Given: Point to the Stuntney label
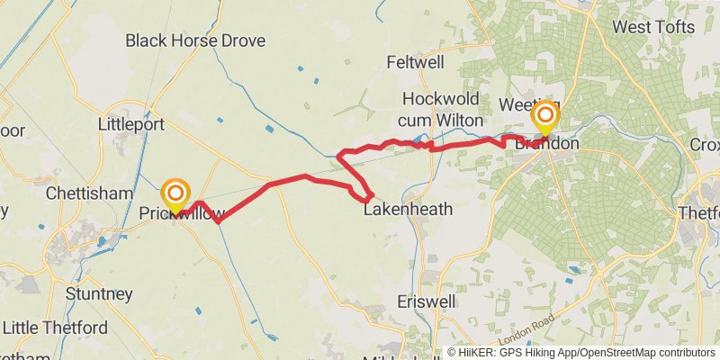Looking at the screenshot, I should click(x=99, y=294).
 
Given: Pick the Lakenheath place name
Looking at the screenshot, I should click(x=408, y=210).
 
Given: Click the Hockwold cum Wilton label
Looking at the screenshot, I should click(x=443, y=109).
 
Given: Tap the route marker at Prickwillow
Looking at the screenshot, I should click(x=175, y=195).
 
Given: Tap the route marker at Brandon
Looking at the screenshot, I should click(x=544, y=116).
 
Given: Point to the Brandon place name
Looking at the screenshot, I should click(x=548, y=144).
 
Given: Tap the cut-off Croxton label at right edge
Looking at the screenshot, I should click(x=705, y=144).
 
